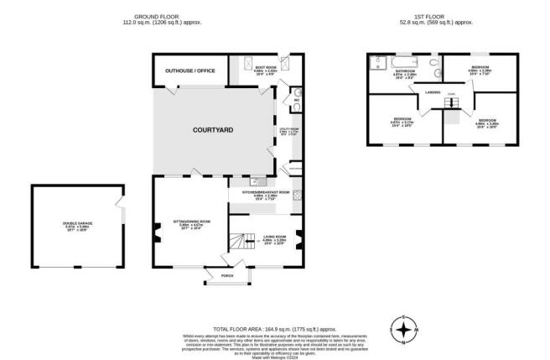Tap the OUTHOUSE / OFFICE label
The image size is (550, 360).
tap(190, 70)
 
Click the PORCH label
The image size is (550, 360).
tap(226, 274)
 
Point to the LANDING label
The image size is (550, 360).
tap(433, 91)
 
